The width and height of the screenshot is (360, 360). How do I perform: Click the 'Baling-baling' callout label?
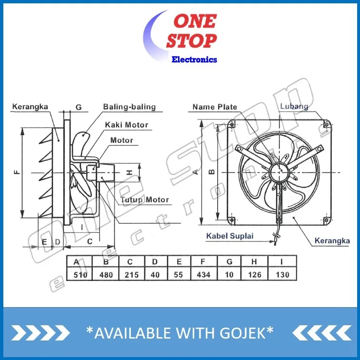pos(130,107)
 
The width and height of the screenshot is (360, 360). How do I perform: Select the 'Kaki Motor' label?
pos(127,125)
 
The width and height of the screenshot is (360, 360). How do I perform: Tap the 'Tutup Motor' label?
pos(145,200)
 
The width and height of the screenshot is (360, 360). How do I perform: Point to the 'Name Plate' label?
pos(215,107)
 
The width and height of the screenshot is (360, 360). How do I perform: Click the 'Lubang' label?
pos(294,106)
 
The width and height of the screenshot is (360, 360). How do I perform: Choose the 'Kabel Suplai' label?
pos(230,236)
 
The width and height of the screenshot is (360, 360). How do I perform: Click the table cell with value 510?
pos(80,274)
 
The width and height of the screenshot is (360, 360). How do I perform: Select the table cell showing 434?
pos(204,274)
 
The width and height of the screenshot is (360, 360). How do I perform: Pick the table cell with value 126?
pos(254,274)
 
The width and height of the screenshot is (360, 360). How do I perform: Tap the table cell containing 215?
pos(132,274)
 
